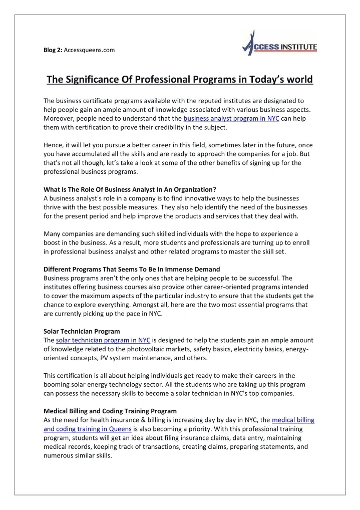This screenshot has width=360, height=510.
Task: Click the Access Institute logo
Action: [x=279, y=44]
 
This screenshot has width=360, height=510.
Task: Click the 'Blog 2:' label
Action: [x=53, y=50]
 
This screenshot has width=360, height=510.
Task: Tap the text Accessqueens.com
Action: [x=90, y=50]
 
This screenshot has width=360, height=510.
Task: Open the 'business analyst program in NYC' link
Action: [x=231, y=119]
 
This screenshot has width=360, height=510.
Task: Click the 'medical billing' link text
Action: [x=293, y=419]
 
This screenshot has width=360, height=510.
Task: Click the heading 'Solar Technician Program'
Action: [x=82, y=331]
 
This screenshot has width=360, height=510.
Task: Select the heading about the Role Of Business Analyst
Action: [x=130, y=189]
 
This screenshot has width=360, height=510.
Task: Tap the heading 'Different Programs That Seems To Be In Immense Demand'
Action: [x=132, y=269]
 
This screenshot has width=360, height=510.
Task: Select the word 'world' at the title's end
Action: [x=298, y=80]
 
